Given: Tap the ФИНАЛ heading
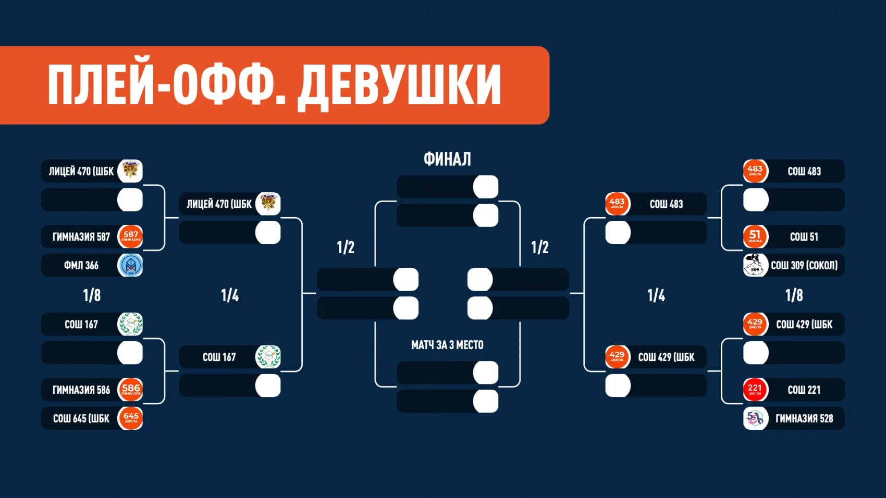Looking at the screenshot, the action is (447, 159).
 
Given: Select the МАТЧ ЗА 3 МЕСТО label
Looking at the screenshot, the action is (447, 345).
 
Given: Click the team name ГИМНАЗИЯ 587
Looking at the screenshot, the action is (81, 237).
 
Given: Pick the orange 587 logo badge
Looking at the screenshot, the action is (130, 236).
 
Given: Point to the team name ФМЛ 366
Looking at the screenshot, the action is (81, 266).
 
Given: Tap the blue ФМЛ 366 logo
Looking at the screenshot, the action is (130, 265).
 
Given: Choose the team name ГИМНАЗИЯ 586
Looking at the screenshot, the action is (81, 390).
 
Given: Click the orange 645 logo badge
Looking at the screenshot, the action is (130, 418).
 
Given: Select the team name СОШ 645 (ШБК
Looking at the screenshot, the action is (81, 418).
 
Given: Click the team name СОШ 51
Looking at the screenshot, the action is (804, 237).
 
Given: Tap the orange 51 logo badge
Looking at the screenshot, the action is (755, 236).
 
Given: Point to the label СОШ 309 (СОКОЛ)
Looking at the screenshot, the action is (804, 266).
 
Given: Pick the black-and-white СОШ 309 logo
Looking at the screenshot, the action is (755, 265).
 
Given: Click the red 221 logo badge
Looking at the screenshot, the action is (755, 390).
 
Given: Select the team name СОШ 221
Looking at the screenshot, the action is (804, 390).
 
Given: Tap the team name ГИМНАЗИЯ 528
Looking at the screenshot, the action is (804, 418).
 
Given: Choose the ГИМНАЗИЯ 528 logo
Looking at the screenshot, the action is (755, 418).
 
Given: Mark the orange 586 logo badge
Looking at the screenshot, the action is (130, 390).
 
